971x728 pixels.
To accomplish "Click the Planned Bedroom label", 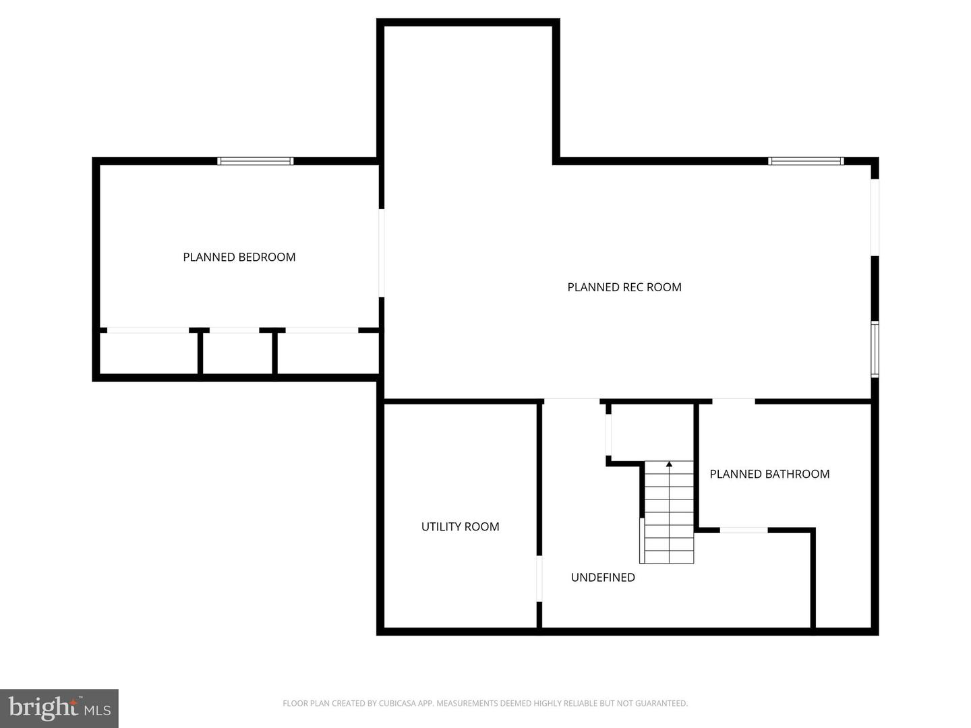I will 239,257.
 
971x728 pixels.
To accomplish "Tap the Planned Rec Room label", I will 624,287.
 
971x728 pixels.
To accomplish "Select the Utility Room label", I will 460,526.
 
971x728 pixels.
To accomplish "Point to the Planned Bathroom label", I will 769,474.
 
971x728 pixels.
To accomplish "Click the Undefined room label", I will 603,577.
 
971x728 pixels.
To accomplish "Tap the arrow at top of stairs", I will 669,464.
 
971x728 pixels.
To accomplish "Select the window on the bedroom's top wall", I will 255,161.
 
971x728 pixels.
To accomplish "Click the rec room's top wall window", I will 806,161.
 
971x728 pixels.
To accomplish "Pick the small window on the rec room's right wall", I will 875,348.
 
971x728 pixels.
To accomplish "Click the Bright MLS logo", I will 59,708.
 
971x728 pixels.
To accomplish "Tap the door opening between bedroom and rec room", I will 382,253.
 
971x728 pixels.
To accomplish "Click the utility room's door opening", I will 539,578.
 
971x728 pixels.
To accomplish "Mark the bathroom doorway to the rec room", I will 734,402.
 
